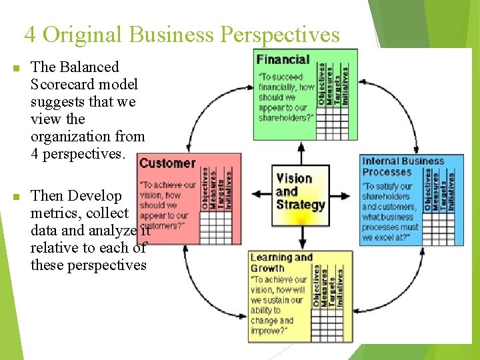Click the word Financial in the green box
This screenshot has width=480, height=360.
[x=283, y=60]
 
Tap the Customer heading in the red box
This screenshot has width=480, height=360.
[x=167, y=163]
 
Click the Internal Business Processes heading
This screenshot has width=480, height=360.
[x=403, y=166]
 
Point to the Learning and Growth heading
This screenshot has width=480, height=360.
[x=281, y=263]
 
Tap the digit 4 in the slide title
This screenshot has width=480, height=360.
[x=30, y=35]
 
